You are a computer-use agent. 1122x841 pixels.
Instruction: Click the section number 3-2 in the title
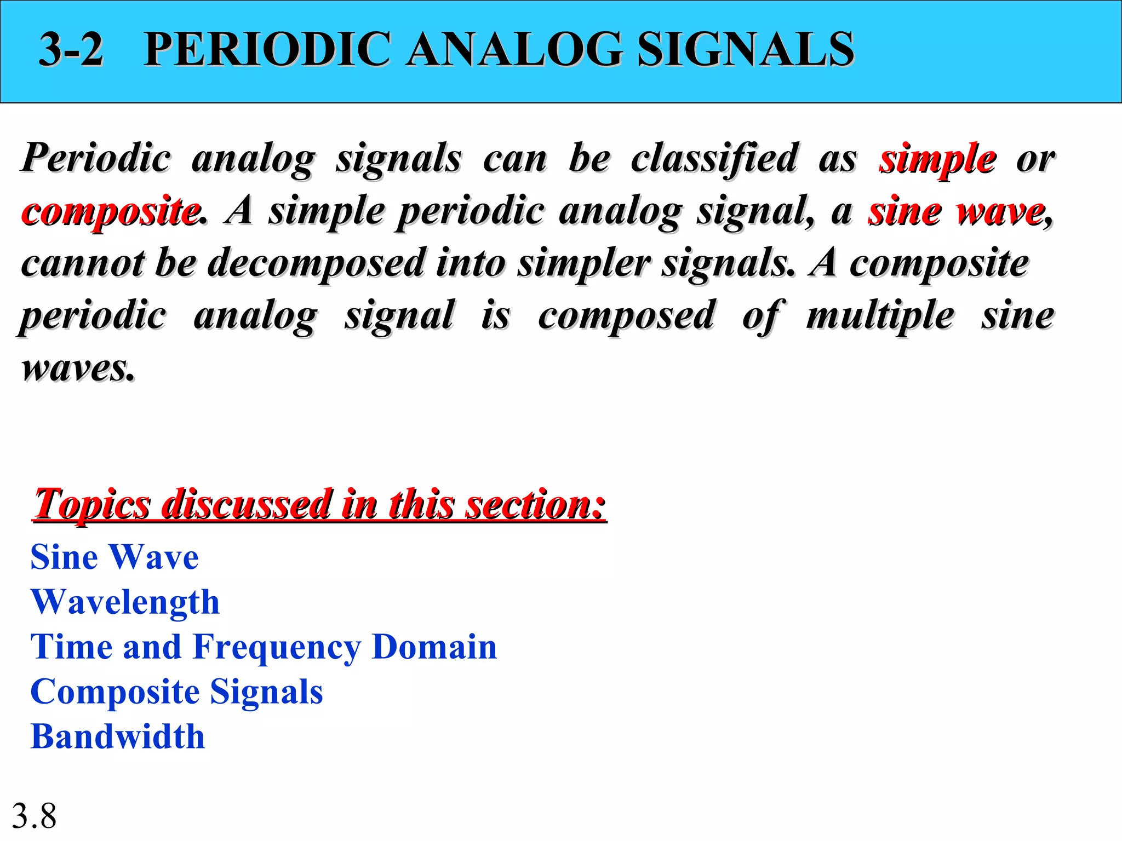click(71, 49)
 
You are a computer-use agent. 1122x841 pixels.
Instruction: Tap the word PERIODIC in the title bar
click(268, 49)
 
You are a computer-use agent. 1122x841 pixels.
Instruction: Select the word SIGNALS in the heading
click(745, 49)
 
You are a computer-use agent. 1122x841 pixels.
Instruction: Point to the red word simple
click(937, 159)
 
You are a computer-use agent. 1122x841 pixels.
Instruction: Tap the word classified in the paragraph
click(714, 159)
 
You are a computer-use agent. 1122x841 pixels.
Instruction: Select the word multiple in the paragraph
click(880, 316)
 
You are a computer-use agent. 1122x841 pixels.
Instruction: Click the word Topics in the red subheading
click(91, 504)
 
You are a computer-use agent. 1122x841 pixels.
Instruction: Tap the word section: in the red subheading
click(535, 504)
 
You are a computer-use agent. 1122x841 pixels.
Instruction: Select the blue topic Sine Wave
click(115, 557)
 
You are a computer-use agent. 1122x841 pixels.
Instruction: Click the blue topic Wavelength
click(125, 602)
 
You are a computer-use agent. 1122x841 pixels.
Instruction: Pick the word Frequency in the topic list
click(277, 647)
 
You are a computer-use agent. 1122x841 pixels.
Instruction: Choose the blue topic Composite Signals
click(176, 692)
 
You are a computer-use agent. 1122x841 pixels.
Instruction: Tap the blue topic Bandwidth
click(118, 736)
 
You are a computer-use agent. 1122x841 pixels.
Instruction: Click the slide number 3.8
click(34, 816)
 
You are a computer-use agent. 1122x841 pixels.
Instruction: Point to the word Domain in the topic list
click(434, 647)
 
